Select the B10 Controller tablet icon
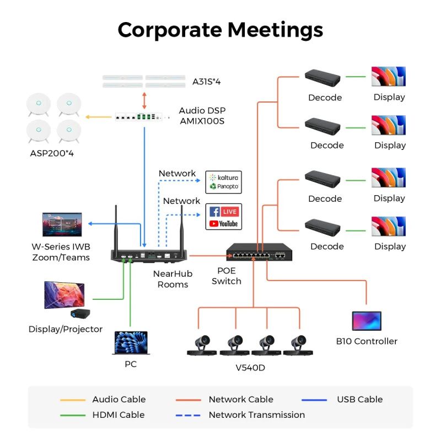pyautogui.click(x=367, y=321)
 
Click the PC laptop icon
pyautogui.click(x=131, y=343)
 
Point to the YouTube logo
pyautogui.click(x=224, y=223)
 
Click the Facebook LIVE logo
pyautogui.click(x=224, y=211)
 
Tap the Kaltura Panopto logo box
pyautogui.click(x=224, y=182)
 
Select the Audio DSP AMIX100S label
pyautogui.click(x=202, y=116)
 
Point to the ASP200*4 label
pyautogui.click(x=52, y=153)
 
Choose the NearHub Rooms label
pyautogui.click(x=173, y=279)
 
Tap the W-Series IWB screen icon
pyautogui.click(x=62, y=224)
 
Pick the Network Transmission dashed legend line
pyautogui.click(x=187, y=415)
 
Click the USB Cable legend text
pyautogui.click(x=359, y=400)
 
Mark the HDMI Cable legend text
pyautogui.click(x=118, y=415)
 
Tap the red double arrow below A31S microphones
pyautogui.click(x=144, y=100)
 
